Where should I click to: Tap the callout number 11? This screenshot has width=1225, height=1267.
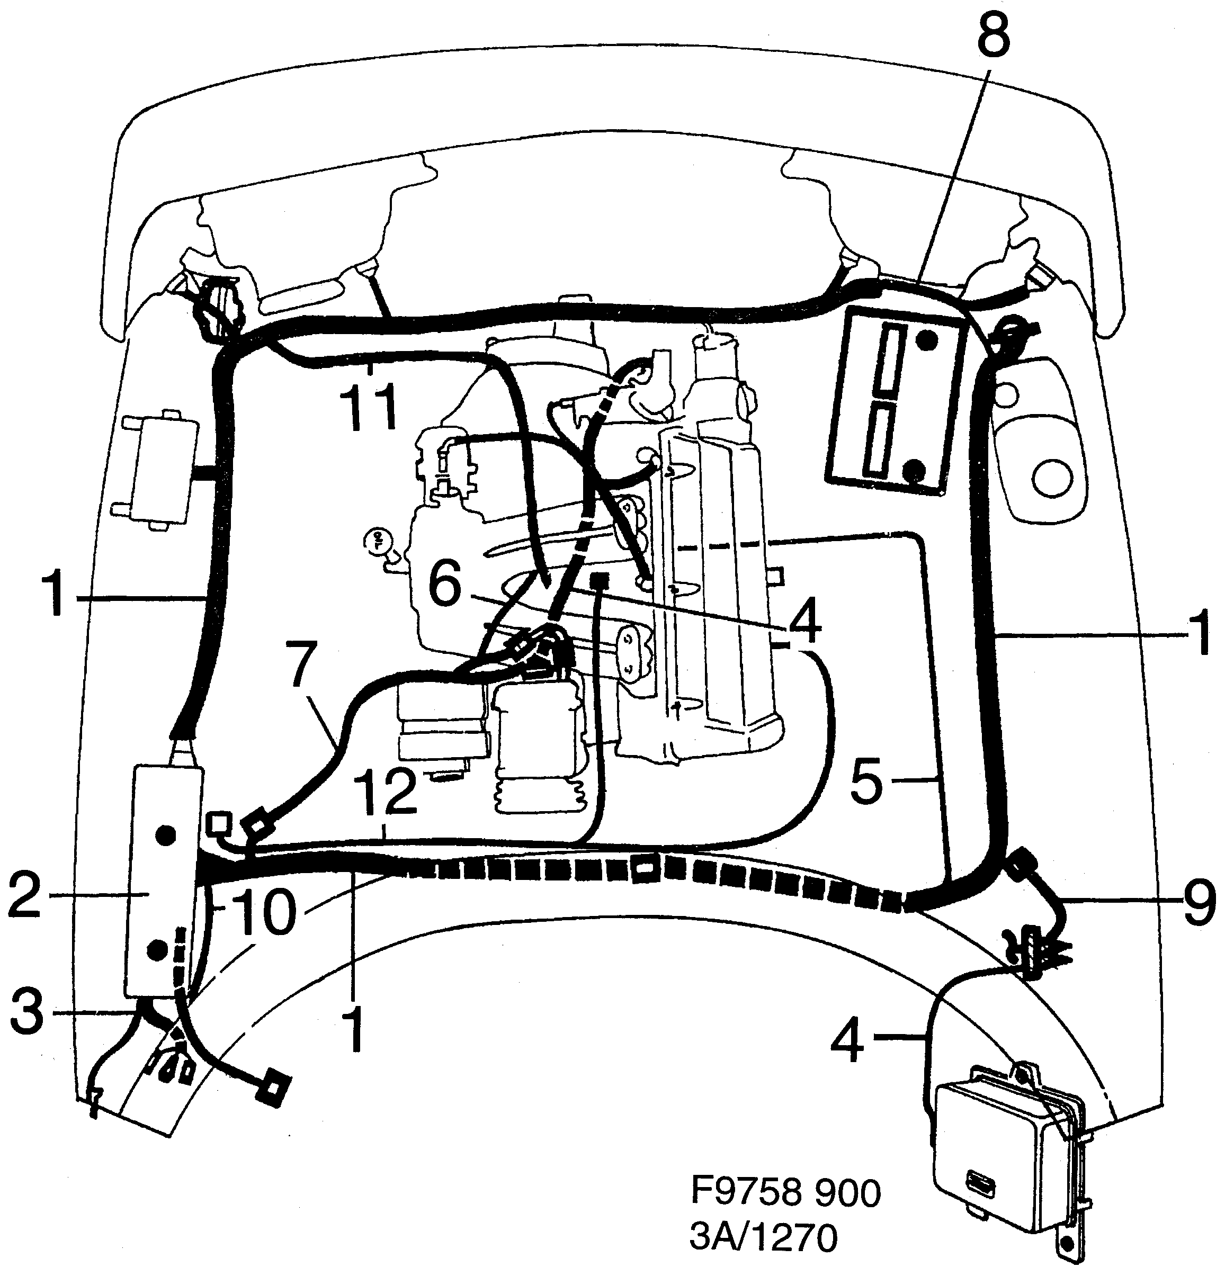point(369,407)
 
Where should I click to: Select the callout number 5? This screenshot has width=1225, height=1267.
point(866,781)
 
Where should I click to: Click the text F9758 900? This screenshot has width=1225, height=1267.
point(785,1191)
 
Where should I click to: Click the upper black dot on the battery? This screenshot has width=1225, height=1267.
point(928,339)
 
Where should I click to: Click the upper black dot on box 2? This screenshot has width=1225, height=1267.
point(166,835)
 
